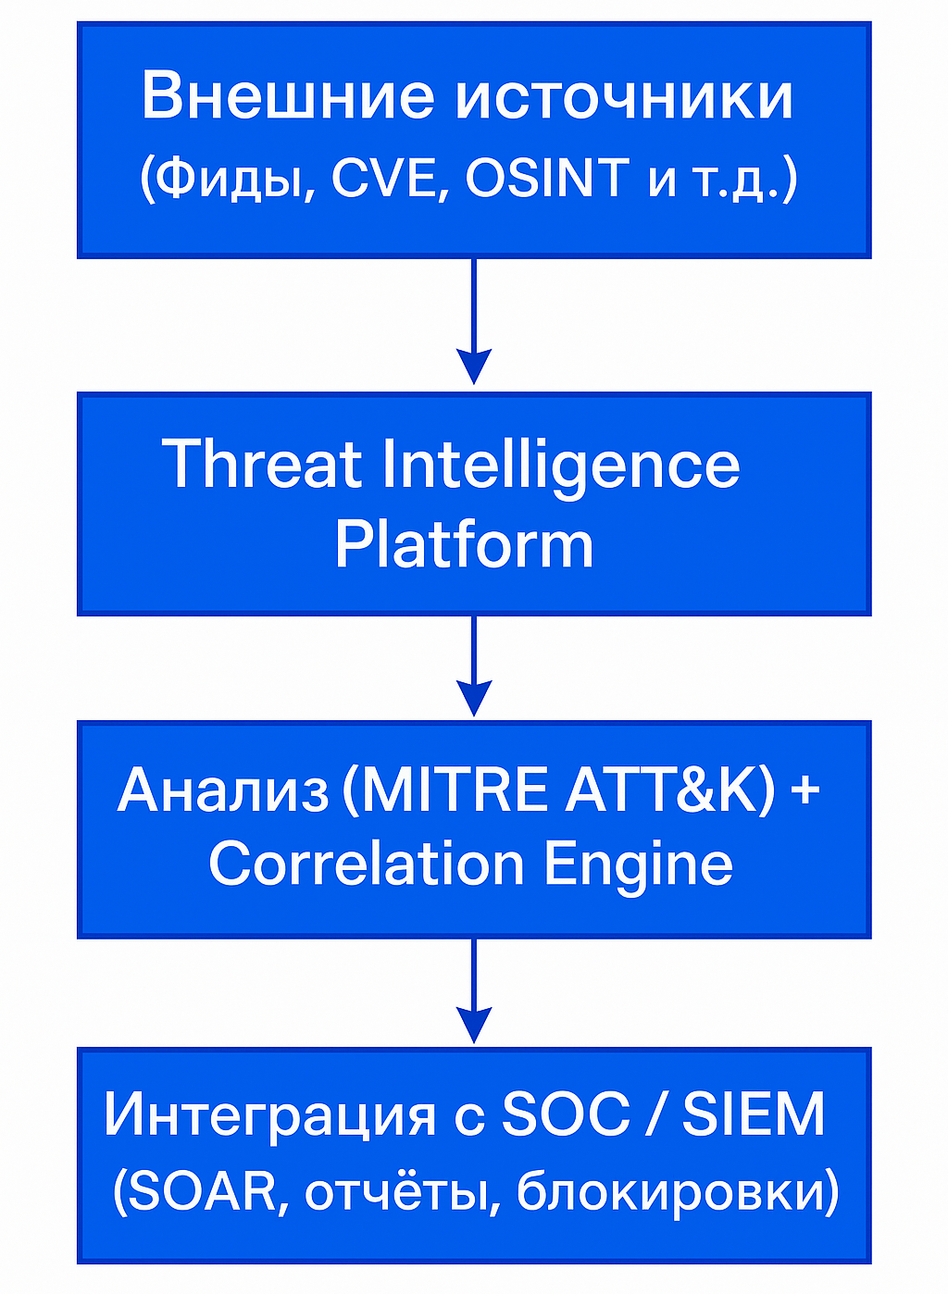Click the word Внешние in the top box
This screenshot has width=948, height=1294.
288,95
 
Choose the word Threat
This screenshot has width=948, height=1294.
262,464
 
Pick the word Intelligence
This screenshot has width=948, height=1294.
561,466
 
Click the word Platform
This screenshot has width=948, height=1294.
464,544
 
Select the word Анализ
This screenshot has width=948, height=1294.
223,790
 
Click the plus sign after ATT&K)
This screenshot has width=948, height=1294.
805,791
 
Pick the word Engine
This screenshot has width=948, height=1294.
638,865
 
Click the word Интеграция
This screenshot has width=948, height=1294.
269,1115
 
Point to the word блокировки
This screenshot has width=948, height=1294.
669,1191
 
